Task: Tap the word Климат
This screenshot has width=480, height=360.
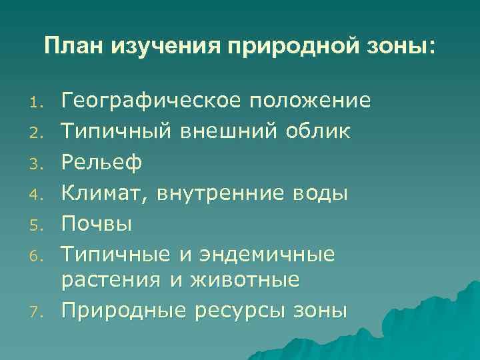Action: [x=105, y=193]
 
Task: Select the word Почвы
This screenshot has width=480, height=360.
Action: [x=97, y=224]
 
